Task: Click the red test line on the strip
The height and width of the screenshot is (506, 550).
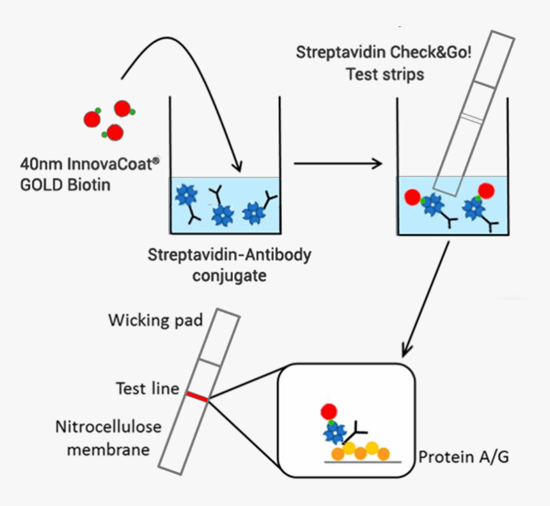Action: point(197,398)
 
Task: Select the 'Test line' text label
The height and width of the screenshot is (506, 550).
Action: point(147,388)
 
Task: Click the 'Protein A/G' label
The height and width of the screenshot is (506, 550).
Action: point(464,457)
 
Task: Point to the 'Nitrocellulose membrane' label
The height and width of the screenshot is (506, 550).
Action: point(108,438)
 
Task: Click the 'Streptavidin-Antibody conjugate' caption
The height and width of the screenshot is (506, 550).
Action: point(230,265)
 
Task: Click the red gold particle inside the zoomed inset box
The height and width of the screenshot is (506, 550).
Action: point(329,411)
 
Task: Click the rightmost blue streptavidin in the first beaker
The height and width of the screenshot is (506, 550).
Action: point(254,213)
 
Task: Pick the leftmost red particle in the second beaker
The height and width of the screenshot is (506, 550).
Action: point(412,196)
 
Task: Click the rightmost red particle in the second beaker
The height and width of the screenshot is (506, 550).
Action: point(487,191)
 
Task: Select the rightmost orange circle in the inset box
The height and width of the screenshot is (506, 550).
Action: point(383,454)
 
